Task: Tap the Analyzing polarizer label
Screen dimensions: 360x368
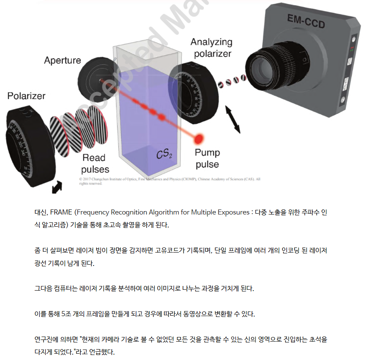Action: [212, 48]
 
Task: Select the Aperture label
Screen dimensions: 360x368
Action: [62, 61]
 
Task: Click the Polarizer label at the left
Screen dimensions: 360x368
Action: [26, 96]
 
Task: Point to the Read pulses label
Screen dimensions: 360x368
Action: [95, 163]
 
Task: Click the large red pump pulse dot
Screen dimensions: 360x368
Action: [199, 138]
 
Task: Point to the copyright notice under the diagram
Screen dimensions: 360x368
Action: [169, 181]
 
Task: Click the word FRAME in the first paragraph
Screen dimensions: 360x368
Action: [61, 212]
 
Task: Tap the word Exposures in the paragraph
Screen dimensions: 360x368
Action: [229, 212]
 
